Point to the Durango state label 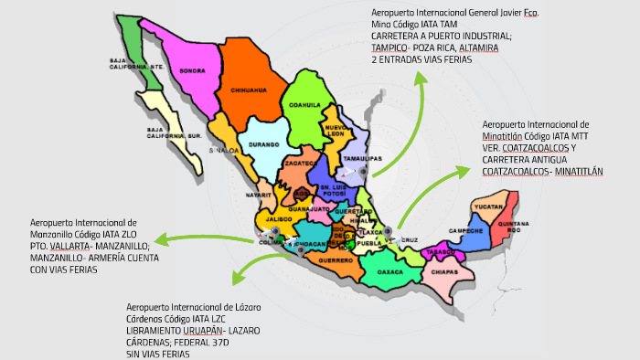click(x=263, y=144)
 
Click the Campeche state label click(x=465, y=230)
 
